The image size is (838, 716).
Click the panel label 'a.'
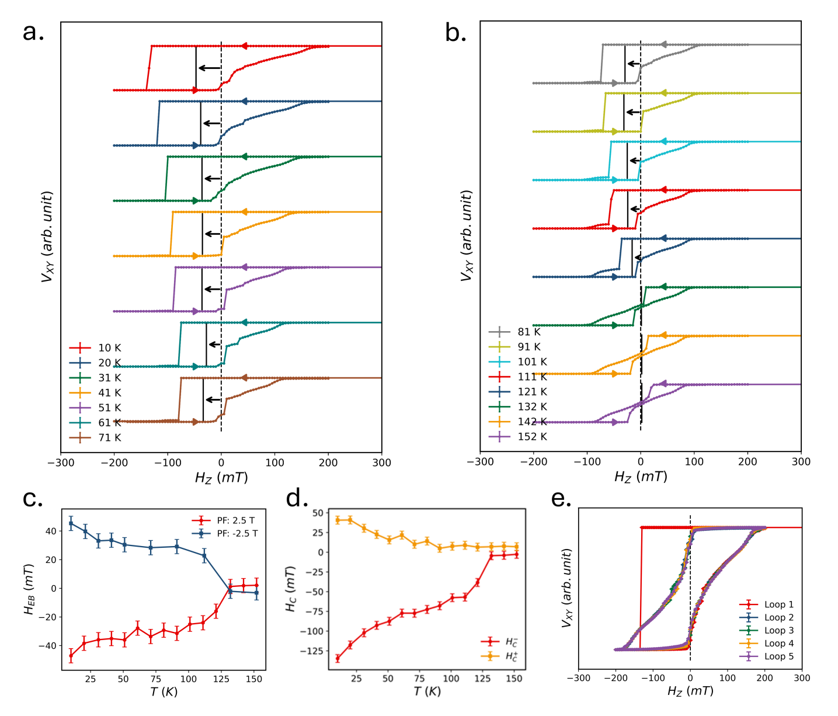[x=33, y=32]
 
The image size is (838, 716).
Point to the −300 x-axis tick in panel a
[x=61, y=463]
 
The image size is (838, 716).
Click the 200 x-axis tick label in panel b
[x=747, y=462]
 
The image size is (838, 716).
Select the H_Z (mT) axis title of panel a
[x=221, y=478]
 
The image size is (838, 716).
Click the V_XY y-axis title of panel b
[x=467, y=235]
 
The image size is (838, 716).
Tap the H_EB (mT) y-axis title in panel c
[x=29, y=589]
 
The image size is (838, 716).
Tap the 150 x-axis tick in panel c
[x=254, y=679]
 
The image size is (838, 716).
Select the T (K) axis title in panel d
[x=427, y=691]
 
